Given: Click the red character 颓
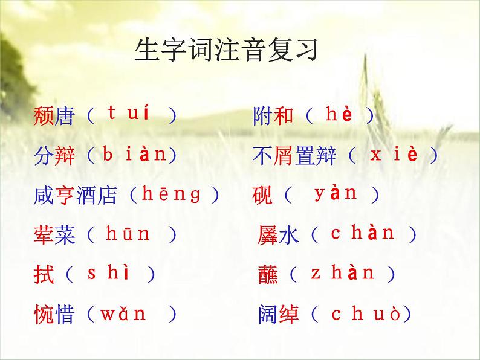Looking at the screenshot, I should tap(44, 116).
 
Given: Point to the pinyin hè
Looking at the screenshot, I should tap(339, 114).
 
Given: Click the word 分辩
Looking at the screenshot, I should tap(54, 156).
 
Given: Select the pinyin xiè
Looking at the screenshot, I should tap(394, 155).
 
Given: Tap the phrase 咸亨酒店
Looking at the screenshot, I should tap(76, 195).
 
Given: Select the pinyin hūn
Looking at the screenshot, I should tap(128, 234).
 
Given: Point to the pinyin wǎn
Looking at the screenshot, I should tap(123, 314).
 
